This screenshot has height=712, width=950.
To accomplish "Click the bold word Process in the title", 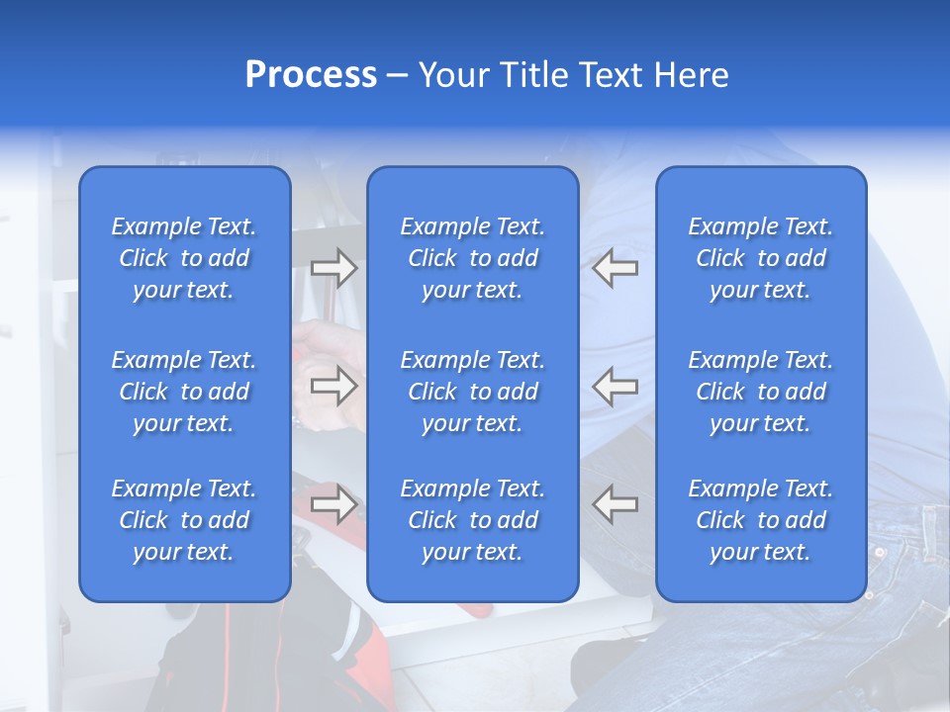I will click(x=311, y=75).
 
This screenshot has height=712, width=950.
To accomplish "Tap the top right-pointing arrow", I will click(x=333, y=268).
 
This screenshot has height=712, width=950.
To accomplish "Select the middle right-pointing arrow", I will click(x=333, y=386).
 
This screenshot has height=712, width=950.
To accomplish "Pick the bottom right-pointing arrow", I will click(x=333, y=504).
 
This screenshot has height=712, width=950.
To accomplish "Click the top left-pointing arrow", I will click(x=616, y=268).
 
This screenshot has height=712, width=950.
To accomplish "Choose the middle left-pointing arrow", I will click(x=616, y=386).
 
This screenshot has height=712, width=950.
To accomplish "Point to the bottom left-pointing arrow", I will click(x=616, y=504).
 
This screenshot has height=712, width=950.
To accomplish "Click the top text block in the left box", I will click(x=184, y=258).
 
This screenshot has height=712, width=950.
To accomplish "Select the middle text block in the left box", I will click(x=184, y=392).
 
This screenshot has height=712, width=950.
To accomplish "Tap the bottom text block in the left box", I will click(x=184, y=520).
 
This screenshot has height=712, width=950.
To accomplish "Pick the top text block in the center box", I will click(x=472, y=258).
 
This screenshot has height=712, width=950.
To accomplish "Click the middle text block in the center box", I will click(x=472, y=392).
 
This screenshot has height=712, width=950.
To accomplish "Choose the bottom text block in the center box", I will click(x=472, y=520).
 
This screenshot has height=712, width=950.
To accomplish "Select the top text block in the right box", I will click(x=760, y=258).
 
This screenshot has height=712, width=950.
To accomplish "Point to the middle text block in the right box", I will click(x=760, y=392).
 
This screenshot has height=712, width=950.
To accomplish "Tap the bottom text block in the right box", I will click(x=760, y=520).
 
